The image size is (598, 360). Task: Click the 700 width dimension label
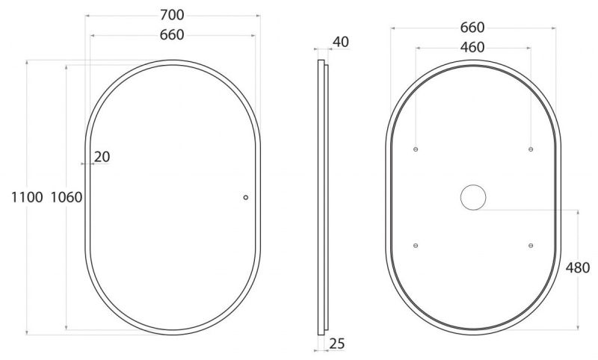(x=172, y=15)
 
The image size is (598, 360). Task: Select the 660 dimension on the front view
(x=172, y=34)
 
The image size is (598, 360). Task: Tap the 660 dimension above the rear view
(x=472, y=28)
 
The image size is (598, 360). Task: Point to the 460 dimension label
(x=472, y=47)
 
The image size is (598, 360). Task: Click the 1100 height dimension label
(x=27, y=197)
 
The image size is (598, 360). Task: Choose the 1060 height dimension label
(x=67, y=197)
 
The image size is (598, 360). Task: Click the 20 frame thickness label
(x=102, y=157)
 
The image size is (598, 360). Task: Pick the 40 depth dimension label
(x=341, y=42)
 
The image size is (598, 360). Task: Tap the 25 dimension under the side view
(x=337, y=344)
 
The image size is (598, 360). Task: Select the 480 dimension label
(x=578, y=268)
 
